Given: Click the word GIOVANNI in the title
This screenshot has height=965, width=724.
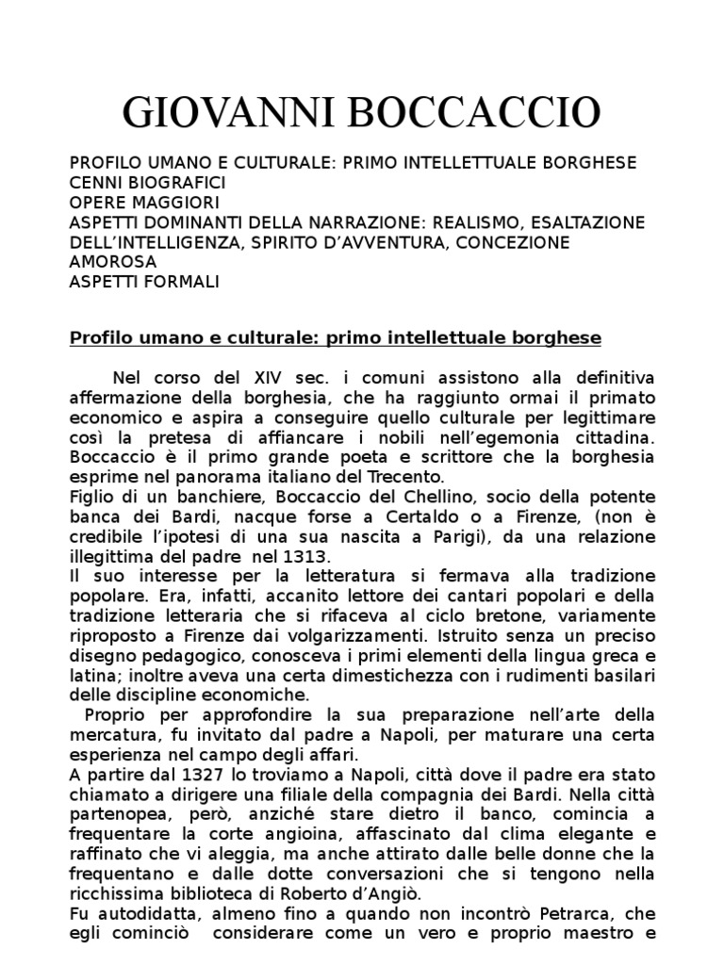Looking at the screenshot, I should [231, 113].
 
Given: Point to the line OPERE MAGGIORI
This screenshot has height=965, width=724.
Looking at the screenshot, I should [145, 203].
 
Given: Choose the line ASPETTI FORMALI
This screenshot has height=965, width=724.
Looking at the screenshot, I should [144, 282].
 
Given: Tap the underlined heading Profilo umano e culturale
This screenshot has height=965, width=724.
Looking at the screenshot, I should [336, 337].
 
